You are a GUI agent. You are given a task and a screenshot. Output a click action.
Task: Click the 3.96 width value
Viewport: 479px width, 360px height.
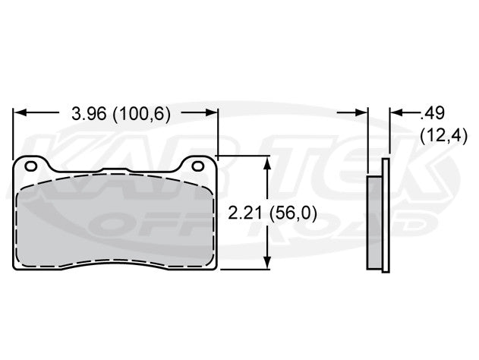[x=86, y=113]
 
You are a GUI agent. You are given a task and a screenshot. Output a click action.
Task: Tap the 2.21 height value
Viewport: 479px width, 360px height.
[x=244, y=214]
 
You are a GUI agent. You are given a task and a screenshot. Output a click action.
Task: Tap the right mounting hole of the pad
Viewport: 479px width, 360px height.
[x=199, y=166]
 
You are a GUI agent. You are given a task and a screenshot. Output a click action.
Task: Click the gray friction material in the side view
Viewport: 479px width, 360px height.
[x=374, y=222]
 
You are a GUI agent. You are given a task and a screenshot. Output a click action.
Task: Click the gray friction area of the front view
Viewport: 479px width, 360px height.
[x=114, y=224]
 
